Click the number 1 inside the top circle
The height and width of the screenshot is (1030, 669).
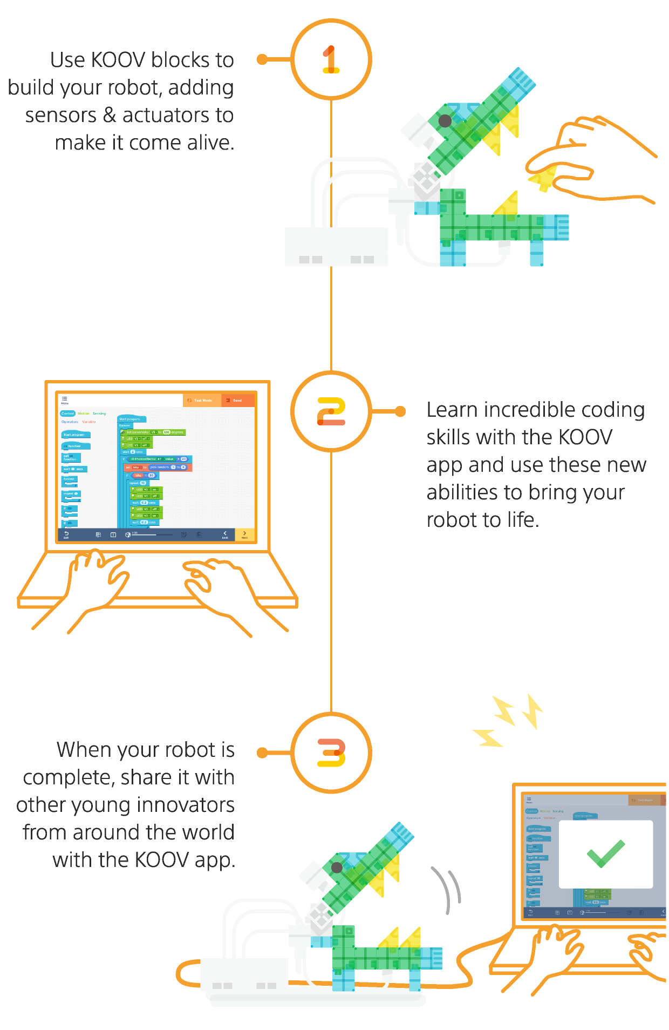click(x=331, y=59)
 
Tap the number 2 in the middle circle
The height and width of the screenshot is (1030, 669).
click(x=331, y=411)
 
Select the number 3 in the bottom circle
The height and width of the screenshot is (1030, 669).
click(x=331, y=752)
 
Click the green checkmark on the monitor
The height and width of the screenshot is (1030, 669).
click(x=605, y=853)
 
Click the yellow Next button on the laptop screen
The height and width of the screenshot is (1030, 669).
click(x=244, y=534)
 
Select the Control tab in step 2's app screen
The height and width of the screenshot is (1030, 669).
click(x=67, y=414)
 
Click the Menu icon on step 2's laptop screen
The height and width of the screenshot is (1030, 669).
click(x=65, y=399)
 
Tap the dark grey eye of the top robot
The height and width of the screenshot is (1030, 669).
click(x=445, y=120)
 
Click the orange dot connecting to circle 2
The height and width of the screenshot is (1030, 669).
click(x=400, y=411)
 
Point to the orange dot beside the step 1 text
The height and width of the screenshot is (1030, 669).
click(x=262, y=59)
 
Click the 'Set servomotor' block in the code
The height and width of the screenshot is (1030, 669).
click(x=153, y=432)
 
